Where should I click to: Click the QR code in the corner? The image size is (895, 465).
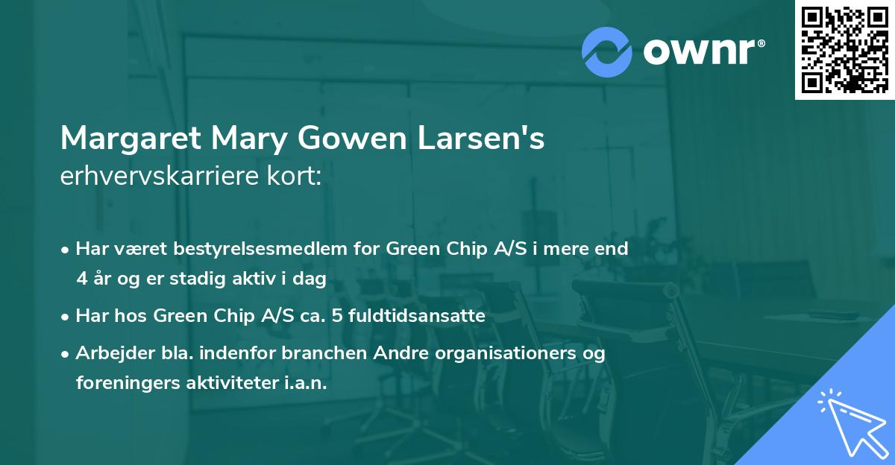point(844,49)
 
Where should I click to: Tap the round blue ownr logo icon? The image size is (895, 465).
point(607,52)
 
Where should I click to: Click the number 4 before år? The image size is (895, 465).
point(81,279)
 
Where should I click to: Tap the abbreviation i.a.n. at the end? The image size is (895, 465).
point(304,383)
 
